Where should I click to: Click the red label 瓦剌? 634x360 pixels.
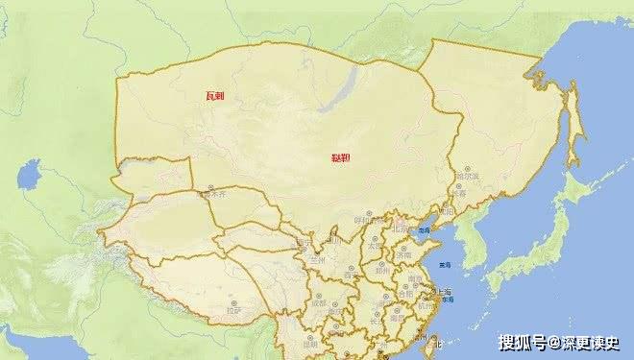[215, 97]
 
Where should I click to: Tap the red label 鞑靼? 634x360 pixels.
[341, 158]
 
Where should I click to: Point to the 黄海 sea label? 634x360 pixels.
[445, 265]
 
